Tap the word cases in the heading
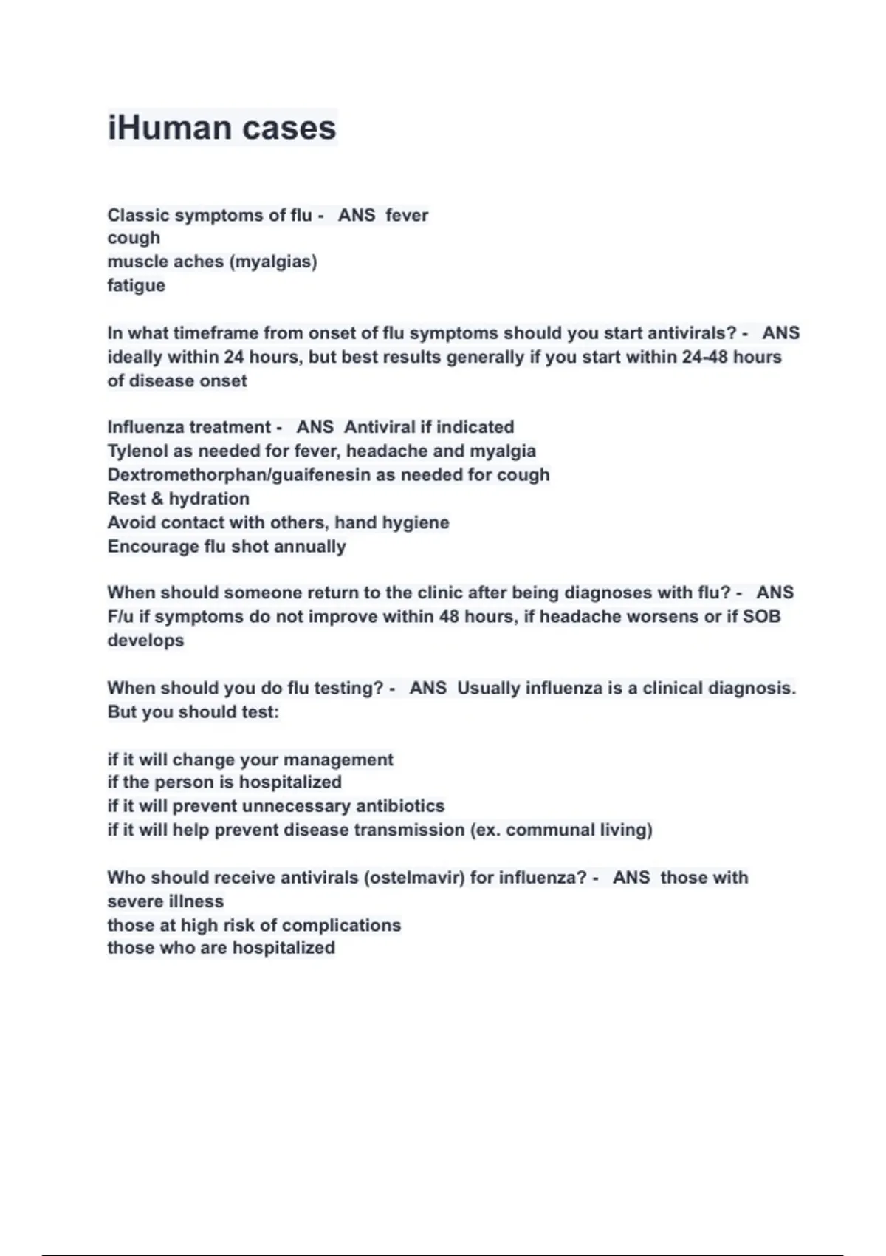coord(289,128)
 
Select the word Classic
coord(137,215)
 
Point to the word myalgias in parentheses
coord(273,262)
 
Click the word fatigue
coord(136,285)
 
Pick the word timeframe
coord(215,333)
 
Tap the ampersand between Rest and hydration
coord(157,499)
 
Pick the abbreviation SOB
coord(761,616)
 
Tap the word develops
coord(145,640)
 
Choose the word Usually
coord(489,688)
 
